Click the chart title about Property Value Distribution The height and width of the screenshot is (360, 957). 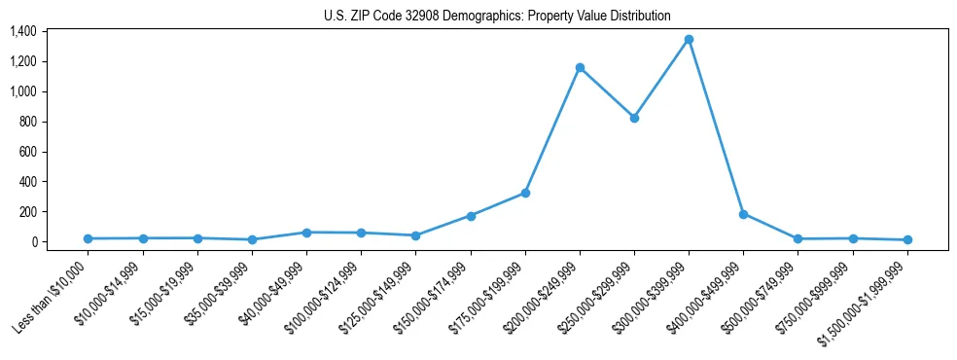(497, 16)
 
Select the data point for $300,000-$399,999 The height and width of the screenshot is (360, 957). (689, 40)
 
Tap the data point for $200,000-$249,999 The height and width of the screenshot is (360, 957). (580, 68)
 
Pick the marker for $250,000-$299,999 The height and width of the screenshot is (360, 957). (634, 118)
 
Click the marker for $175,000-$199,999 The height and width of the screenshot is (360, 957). (525, 193)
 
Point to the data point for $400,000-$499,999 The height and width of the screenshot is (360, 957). (743, 214)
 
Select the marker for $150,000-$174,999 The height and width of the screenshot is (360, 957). (471, 216)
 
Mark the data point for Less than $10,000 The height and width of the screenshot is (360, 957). (89, 238)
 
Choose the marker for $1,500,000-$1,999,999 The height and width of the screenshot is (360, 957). (907, 239)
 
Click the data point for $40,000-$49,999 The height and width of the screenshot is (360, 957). (306, 233)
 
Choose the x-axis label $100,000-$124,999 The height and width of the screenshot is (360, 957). (325, 293)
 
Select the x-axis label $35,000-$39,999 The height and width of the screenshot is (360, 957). (219, 291)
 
